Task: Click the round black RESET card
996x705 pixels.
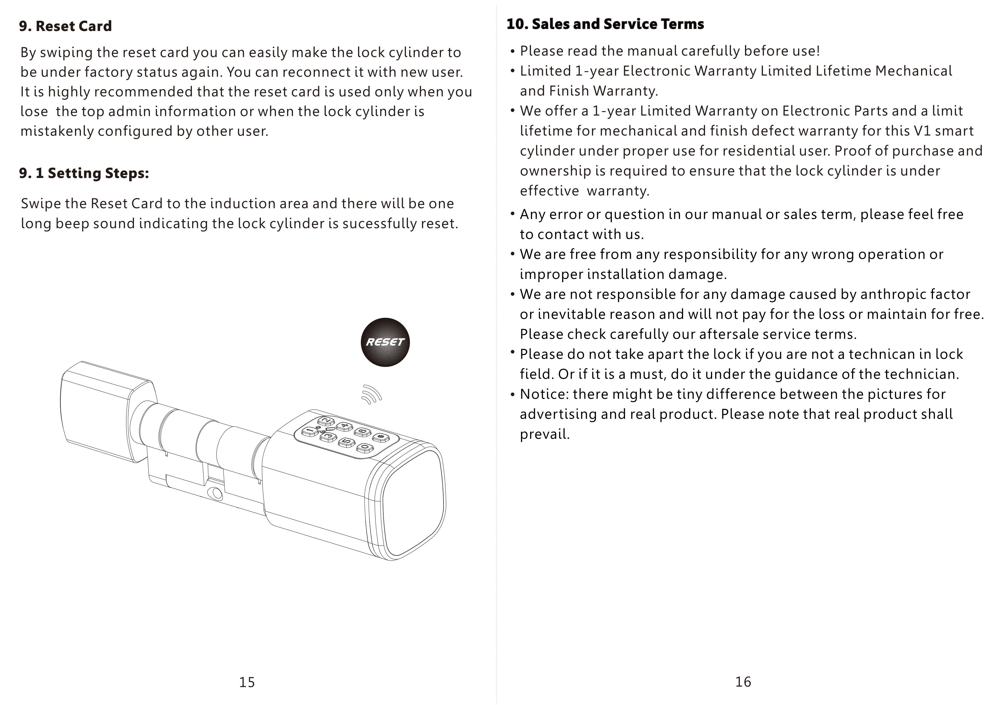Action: point(385,342)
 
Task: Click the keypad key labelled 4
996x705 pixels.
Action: point(345,426)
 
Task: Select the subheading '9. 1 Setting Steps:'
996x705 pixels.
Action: point(84,173)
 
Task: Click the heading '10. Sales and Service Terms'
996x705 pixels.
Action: point(605,24)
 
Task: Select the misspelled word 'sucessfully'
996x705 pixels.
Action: point(380,224)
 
